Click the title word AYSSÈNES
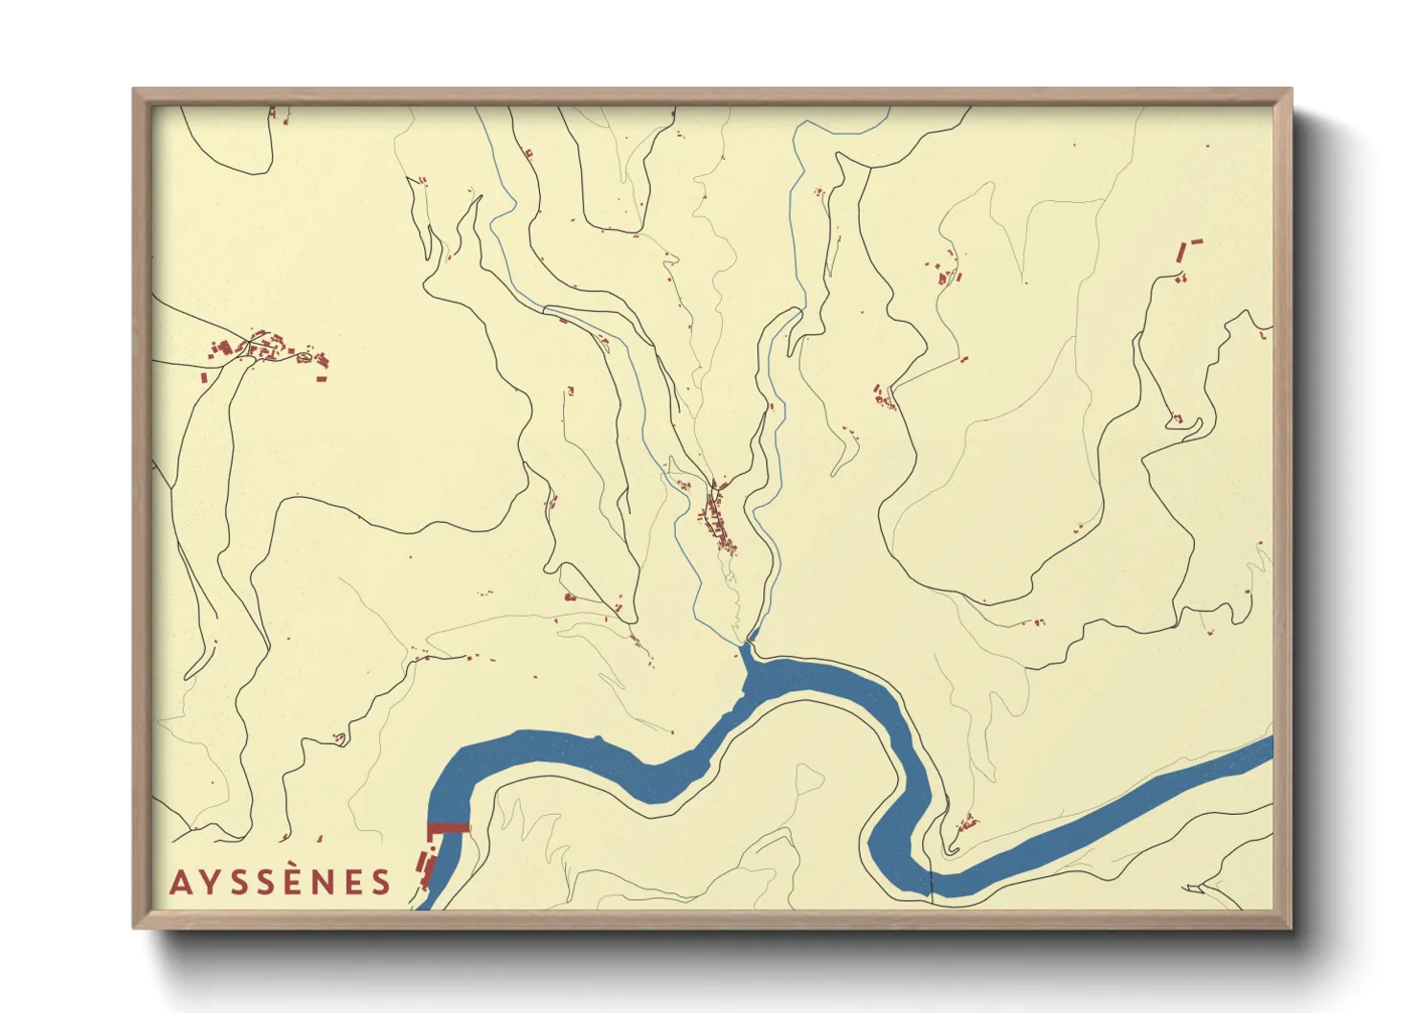281,882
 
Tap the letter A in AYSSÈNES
179,882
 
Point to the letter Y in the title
209,882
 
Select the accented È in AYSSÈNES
297,880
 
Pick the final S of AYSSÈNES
382,882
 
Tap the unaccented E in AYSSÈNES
354,882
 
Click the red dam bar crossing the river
448,828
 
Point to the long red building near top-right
1182,252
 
